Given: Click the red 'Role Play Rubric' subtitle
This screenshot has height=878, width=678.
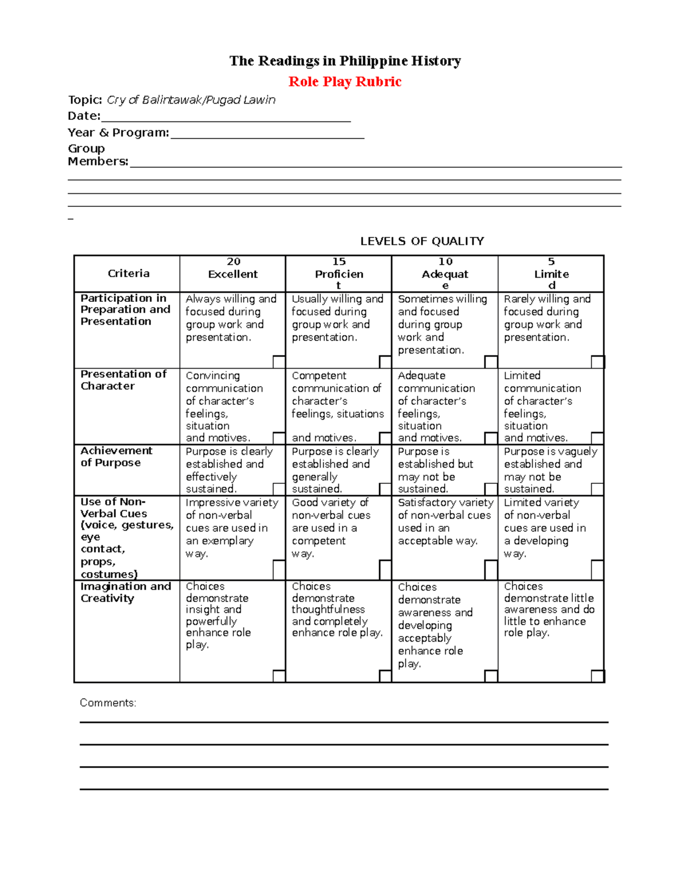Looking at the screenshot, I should pyautogui.click(x=345, y=81).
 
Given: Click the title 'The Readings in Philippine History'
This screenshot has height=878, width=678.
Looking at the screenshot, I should pyautogui.click(x=345, y=60).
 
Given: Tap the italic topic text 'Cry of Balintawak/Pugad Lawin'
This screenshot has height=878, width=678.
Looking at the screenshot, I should pyautogui.click(x=191, y=100).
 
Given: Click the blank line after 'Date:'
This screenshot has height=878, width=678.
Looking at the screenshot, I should pyautogui.click(x=225, y=117).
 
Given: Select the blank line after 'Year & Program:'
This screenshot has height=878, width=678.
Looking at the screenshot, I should pyautogui.click(x=267, y=133).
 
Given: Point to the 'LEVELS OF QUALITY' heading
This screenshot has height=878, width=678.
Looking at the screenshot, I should pyautogui.click(x=422, y=241).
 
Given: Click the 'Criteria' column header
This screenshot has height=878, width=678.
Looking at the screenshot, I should pyautogui.click(x=128, y=274).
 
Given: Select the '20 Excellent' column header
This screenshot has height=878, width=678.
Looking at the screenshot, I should pyautogui.click(x=233, y=268).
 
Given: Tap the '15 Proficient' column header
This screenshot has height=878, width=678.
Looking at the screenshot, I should pyautogui.click(x=338, y=273).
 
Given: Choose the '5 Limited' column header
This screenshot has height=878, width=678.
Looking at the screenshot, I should pyautogui.click(x=551, y=273).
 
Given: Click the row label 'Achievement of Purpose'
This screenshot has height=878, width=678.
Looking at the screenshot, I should pyautogui.click(x=116, y=456).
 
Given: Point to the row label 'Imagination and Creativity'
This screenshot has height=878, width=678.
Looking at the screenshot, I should pyautogui.click(x=125, y=592).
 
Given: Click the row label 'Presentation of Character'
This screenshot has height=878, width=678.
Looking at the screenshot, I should pyautogui.click(x=123, y=380).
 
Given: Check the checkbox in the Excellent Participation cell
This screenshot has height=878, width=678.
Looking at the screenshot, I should pyautogui.click(x=279, y=362).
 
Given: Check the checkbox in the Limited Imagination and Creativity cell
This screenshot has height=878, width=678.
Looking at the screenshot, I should pyautogui.click(x=597, y=676).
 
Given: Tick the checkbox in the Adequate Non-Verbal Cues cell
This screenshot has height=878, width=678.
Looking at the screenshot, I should pyautogui.click(x=491, y=570).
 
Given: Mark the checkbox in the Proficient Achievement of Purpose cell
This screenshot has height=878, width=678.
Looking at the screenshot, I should pyautogui.click(x=385, y=489).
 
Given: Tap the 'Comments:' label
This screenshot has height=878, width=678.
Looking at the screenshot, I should pyautogui.click(x=108, y=703).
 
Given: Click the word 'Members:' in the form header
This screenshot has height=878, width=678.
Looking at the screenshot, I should pyautogui.click(x=98, y=162).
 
